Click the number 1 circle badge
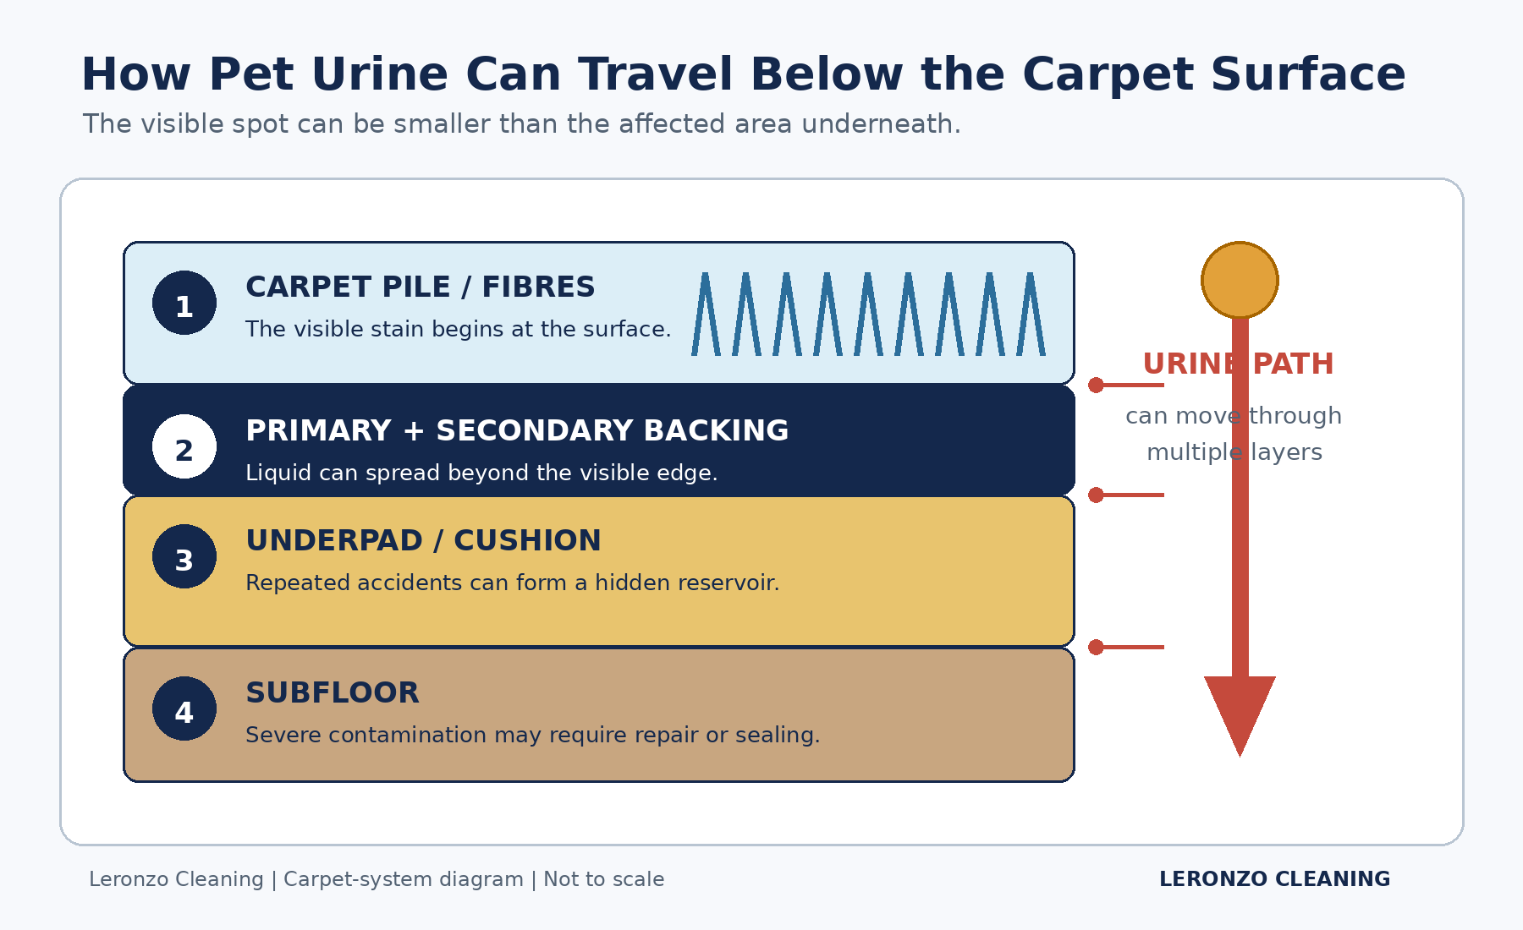click(x=184, y=303)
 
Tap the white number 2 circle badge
click(x=184, y=446)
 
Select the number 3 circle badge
click(x=184, y=556)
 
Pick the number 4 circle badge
click(x=184, y=708)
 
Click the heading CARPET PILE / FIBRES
click(x=421, y=287)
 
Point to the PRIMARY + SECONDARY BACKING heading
click(x=517, y=431)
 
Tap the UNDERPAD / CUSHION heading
click(x=423, y=541)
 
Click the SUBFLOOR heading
click(x=333, y=693)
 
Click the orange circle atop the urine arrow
click(x=1240, y=280)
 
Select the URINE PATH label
click(x=1238, y=364)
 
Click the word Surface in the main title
click(x=1308, y=74)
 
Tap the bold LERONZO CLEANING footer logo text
click(x=1274, y=879)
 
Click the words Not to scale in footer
click(x=603, y=879)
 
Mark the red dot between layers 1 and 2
click(x=1097, y=386)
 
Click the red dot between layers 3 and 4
click(x=1097, y=648)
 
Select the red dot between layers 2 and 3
click(x=1097, y=495)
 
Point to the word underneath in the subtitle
click(x=881, y=124)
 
